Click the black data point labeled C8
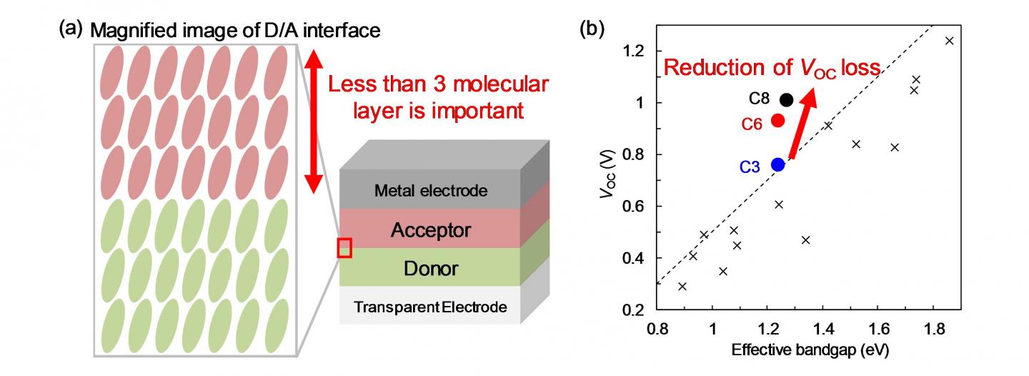tap(786, 99)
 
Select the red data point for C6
tap(778, 120)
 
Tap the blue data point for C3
tap(778, 164)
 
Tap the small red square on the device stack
tap(344, 248)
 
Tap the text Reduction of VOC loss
tap(772, 69)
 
